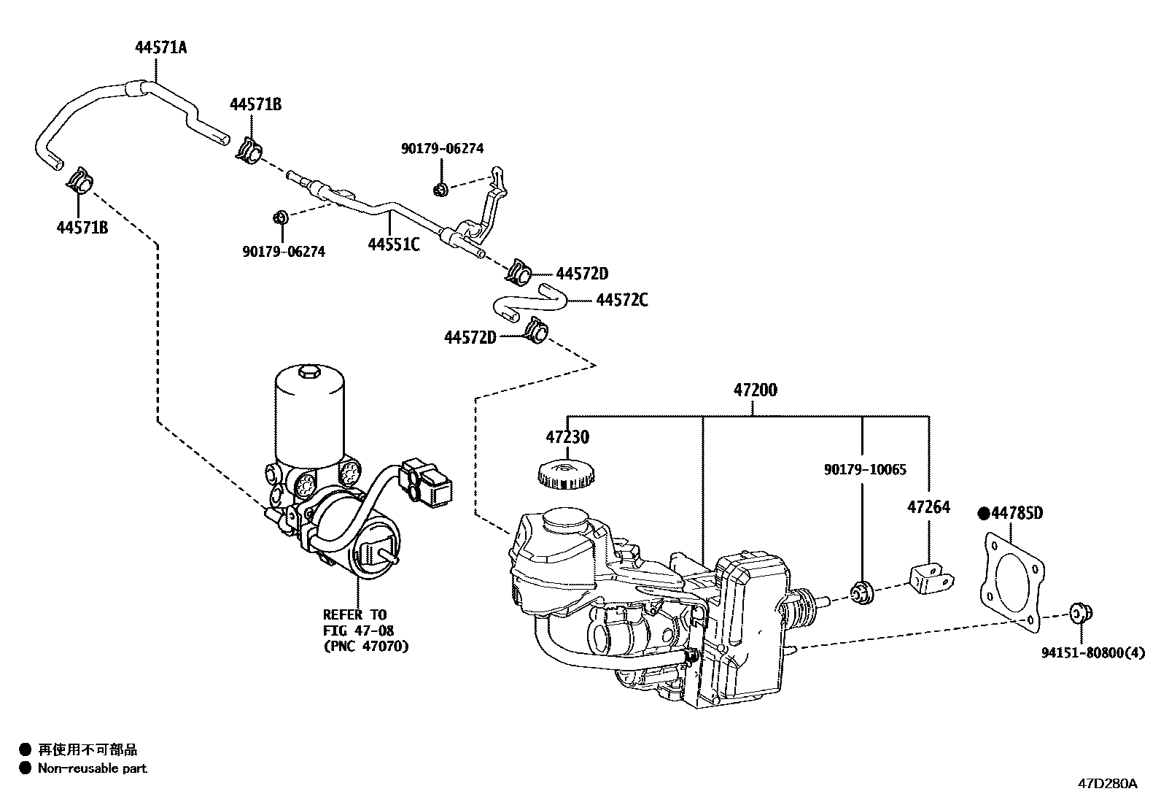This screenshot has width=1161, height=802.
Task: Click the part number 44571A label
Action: (x=160, y=48)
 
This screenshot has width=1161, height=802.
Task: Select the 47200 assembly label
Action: (x=755, y=390)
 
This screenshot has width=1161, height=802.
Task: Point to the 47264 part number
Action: (x=928, y=506)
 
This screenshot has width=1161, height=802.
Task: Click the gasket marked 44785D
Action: (x=1011, y=581)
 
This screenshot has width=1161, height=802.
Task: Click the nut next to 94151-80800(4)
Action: (x=1078, y=614)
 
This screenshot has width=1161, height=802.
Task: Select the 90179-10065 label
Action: (x=865, y=470)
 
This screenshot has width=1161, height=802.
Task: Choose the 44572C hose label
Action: (x=621, y=300)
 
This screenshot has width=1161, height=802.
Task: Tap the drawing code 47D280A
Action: (x=1108, y=784)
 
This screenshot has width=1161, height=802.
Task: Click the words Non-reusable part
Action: (x=93, y=768)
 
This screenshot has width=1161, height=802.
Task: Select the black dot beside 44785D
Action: (x=984, y=514)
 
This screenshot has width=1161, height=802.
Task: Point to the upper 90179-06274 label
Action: (x=442, y=149)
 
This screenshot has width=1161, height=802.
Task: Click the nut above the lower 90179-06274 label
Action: (x=279, y=217)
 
